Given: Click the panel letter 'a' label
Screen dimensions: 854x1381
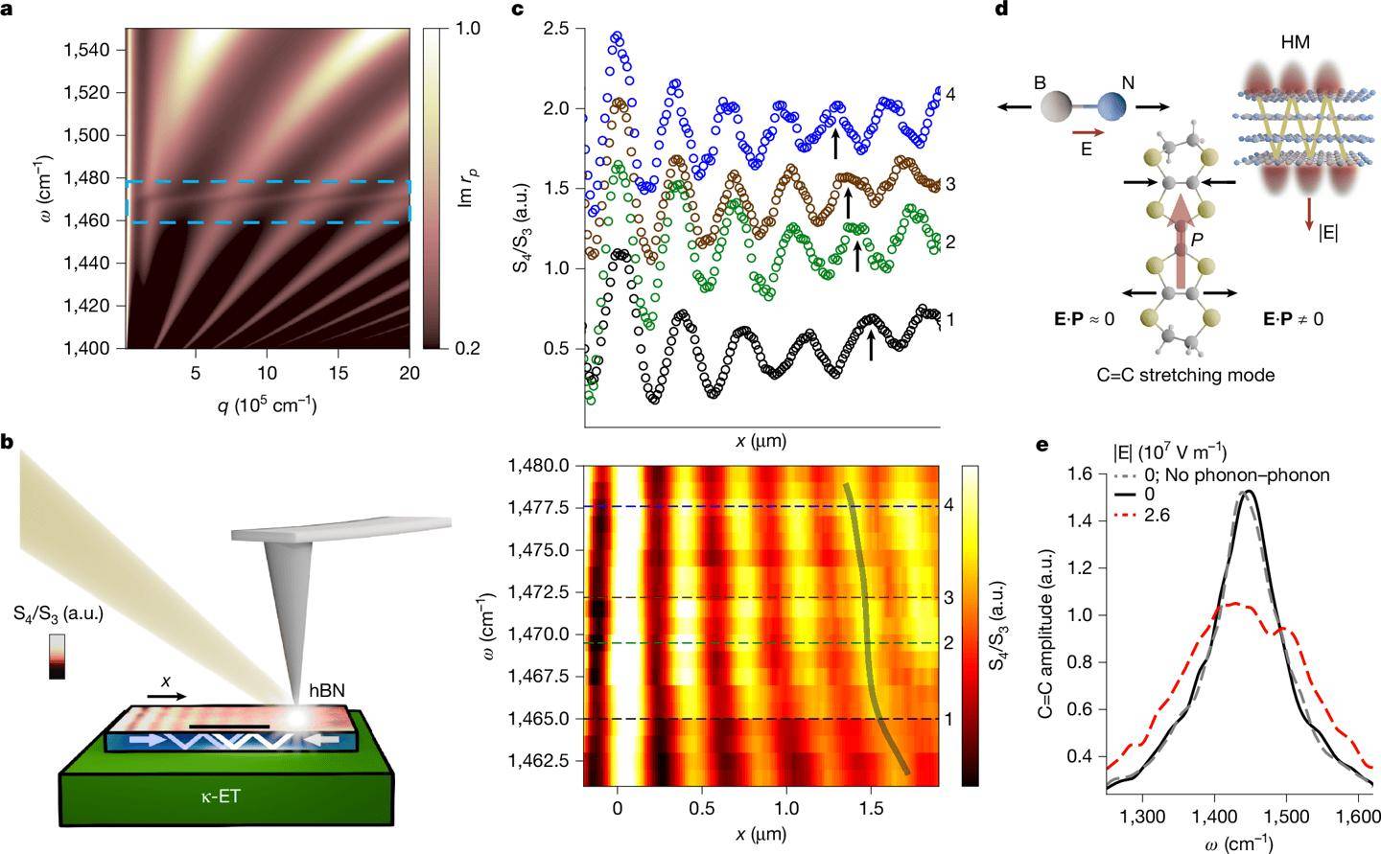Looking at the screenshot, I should tap(8, 11).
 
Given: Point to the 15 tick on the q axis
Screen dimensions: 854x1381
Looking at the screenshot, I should tap(339, 370).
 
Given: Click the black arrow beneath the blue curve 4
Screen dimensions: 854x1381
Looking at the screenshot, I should tap(835, 144).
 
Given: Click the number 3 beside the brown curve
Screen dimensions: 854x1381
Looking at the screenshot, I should tap(950, 183).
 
